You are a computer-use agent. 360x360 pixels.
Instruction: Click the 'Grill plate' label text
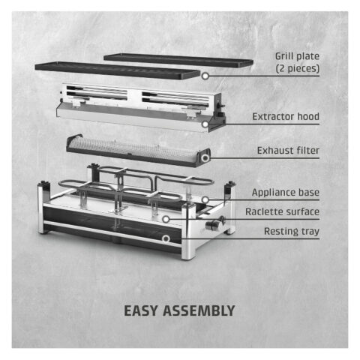297,56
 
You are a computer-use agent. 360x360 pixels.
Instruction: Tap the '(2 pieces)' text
298,68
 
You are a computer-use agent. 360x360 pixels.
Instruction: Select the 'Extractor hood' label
286,117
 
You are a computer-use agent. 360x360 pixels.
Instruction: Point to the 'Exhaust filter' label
288,151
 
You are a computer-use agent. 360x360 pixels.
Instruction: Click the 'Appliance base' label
286,193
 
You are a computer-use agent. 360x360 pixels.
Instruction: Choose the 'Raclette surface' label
283,211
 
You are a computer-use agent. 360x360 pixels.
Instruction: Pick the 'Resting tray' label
292,232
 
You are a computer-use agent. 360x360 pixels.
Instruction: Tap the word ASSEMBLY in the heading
199,310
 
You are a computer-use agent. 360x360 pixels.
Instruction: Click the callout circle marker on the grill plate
205,76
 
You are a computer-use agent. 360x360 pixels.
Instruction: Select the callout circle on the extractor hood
205,124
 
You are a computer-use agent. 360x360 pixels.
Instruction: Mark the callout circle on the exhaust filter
205,158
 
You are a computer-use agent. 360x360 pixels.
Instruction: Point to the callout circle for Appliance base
205,199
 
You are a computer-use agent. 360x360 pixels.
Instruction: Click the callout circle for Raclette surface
166,219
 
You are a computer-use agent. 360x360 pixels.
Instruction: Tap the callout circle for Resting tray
166,238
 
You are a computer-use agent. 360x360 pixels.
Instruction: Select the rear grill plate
178,60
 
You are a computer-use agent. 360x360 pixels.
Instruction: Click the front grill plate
118,70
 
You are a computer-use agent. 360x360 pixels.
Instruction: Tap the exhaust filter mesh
135,148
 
